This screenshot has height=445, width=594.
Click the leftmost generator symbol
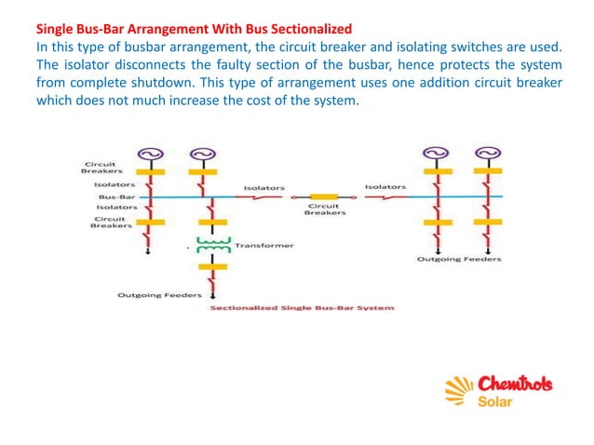pos(150,155)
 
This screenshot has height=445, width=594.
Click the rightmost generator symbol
pos(484,155)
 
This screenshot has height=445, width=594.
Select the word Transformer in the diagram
pos(264,246)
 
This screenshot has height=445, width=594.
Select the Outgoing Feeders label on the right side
pos(458,259)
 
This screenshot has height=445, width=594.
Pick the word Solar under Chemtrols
pos(495,402)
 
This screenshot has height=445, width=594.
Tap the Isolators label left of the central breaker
pos(264,188)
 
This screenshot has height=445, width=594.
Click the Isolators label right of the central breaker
pos(384,187)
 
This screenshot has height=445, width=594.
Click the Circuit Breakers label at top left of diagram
pos(96,168)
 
